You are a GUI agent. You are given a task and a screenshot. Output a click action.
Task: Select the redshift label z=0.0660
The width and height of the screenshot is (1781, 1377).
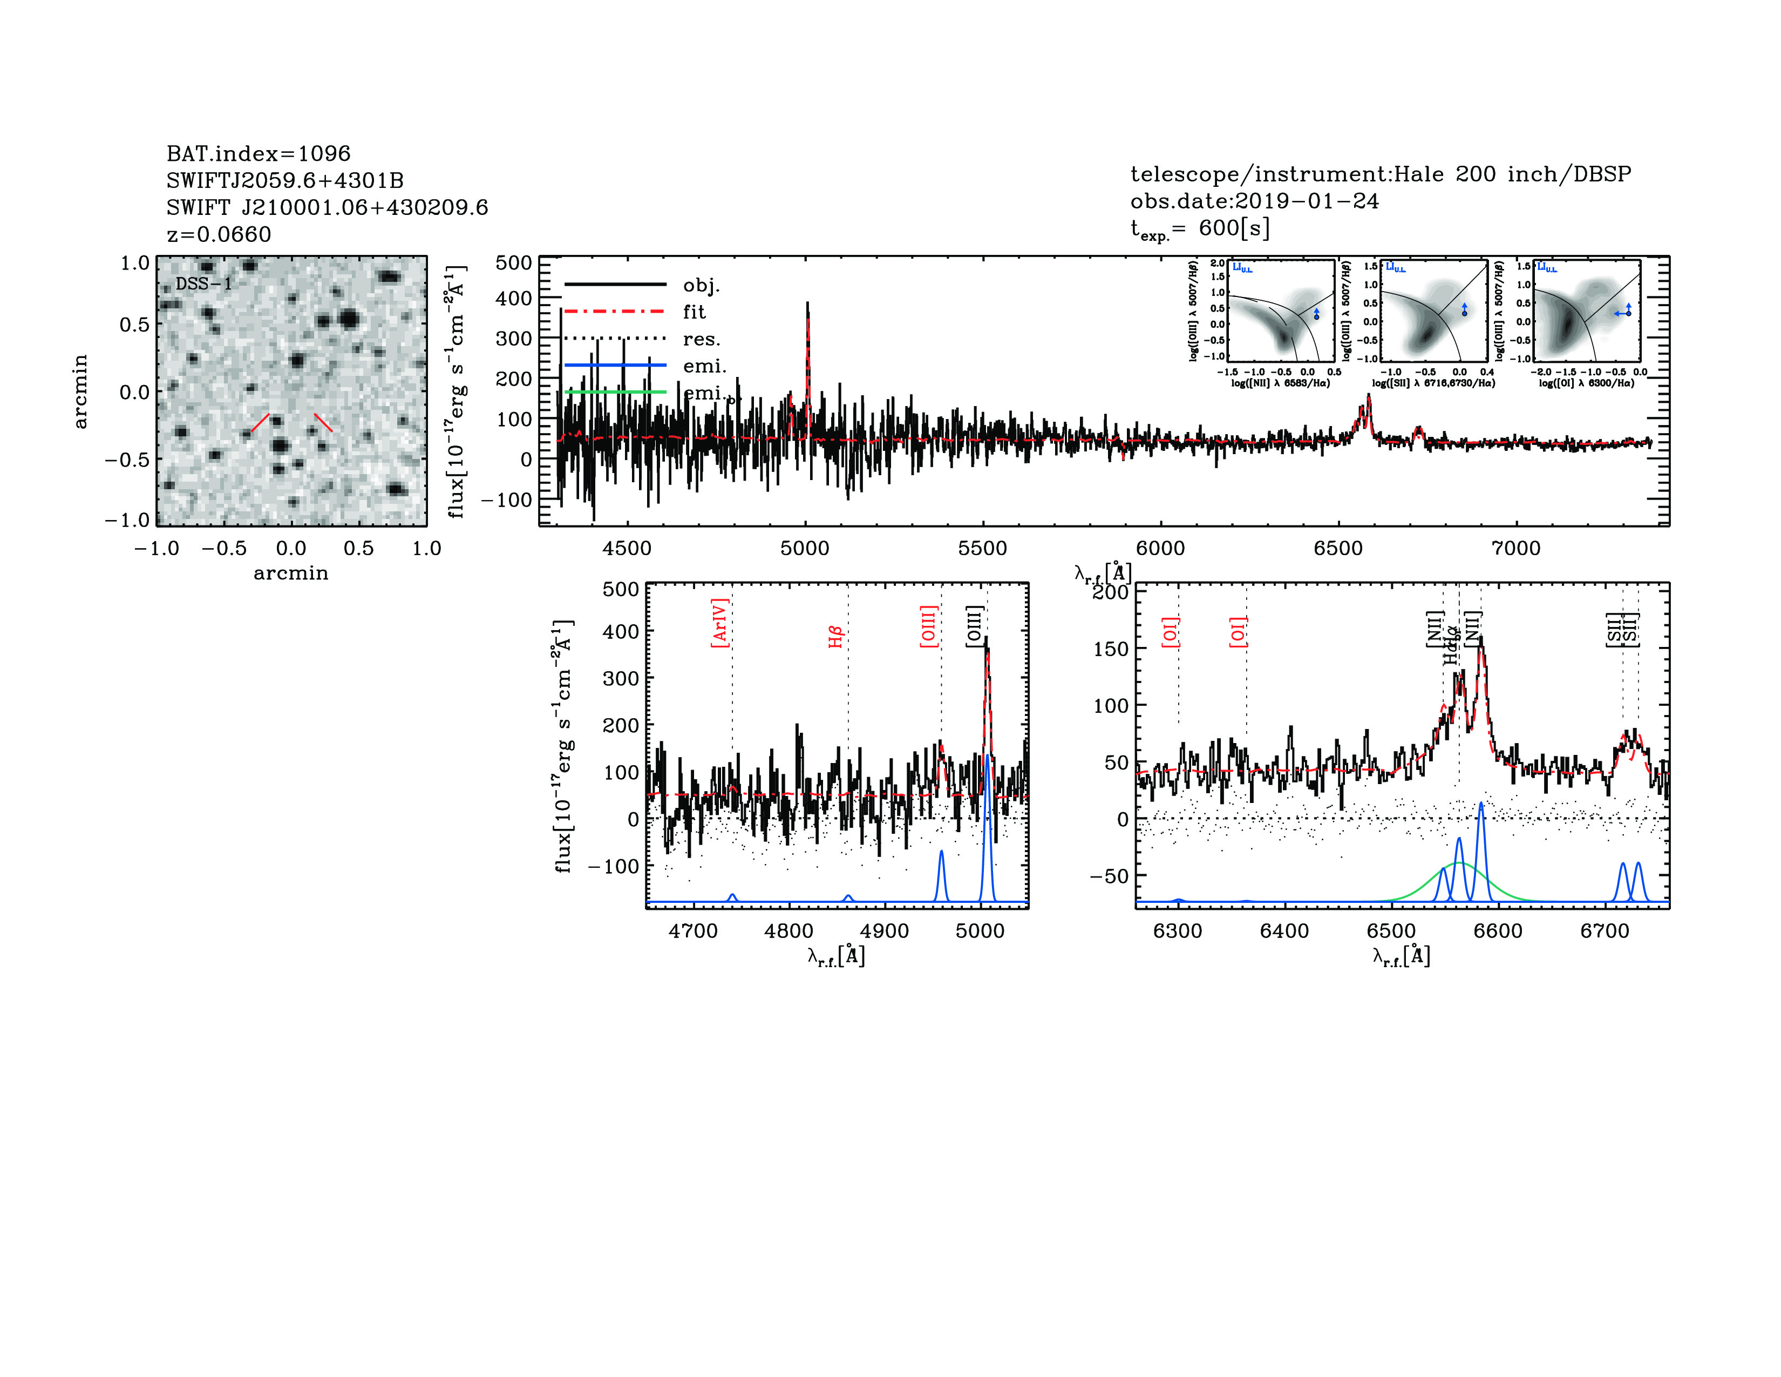[219, 234]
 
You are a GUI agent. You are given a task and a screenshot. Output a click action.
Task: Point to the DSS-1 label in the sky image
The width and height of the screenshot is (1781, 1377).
[204, 284]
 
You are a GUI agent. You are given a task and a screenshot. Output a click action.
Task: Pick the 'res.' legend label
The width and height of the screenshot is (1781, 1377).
[701, 339]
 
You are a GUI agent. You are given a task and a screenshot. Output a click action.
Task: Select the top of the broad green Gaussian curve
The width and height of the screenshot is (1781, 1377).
[1459, 863]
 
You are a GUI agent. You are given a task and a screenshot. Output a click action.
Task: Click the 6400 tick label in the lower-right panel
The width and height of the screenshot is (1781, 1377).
[1284, 931]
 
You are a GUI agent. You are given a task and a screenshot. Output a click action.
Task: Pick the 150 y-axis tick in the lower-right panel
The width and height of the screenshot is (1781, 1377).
[1111, 649]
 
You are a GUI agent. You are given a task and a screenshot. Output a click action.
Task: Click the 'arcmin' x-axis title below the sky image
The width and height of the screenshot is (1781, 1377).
[290, 573]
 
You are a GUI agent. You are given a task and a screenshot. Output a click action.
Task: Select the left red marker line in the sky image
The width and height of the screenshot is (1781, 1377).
[260, 423]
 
